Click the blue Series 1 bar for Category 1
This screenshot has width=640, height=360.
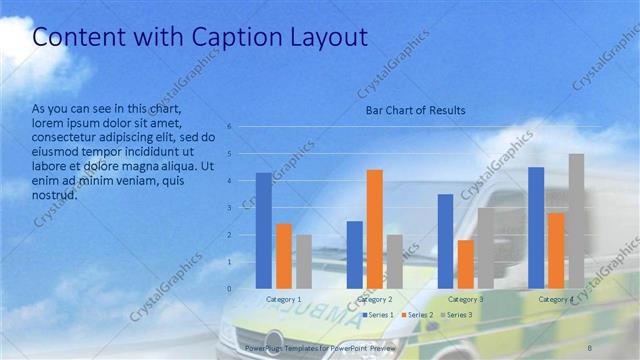[x=263, y=231]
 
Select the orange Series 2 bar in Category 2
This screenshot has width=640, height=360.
[x=375, y=229]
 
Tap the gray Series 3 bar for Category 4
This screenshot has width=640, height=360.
[x=576, y=221]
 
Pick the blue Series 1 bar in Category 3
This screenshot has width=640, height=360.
[x=445, y=241]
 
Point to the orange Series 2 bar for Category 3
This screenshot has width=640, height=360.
[x=465, y=264]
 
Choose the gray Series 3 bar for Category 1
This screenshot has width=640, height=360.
[x=304, y=262]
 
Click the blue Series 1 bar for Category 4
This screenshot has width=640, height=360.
[x=536, y=228]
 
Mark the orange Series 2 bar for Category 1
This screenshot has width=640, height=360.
[x=284, y=256]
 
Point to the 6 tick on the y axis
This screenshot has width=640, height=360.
[x=229, y=127]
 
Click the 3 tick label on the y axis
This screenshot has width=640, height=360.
[x=229, y=208]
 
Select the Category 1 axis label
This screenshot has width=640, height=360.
[x=284, y=299]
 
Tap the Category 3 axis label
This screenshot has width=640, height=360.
[x=465, y=299]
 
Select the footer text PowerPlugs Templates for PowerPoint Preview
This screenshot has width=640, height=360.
[x=320, y=346]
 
